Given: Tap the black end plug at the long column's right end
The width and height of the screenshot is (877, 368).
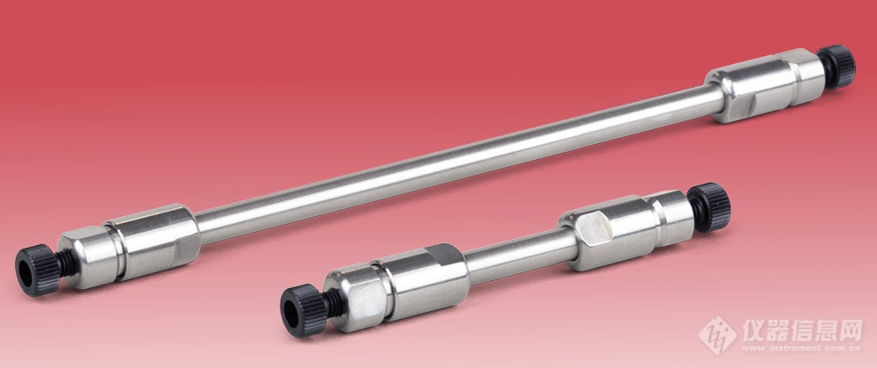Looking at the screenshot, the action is coord(836,66).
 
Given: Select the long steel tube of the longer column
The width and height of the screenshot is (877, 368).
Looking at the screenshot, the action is coord(459,163).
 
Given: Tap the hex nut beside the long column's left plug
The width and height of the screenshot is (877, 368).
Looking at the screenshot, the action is coord(89,257).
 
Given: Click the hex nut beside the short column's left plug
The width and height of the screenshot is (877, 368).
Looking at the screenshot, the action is coord(356,299).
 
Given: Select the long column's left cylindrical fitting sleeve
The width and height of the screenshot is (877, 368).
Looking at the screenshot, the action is coord(153,242).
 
